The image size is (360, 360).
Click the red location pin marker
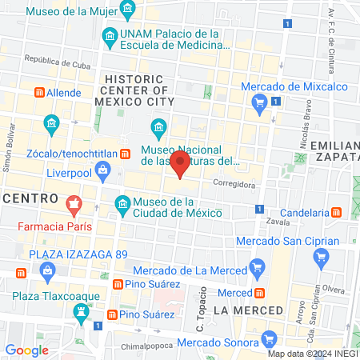point(181,166)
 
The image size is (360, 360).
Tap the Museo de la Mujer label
point(72,12)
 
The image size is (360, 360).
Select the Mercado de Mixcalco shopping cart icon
point(258,102)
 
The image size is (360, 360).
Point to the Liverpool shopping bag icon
point(103,170)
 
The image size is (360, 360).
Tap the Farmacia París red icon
point(74,207)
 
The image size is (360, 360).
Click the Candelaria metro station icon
point(338,213)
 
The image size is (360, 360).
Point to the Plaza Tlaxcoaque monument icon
point(80,311)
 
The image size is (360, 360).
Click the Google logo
point(26,350)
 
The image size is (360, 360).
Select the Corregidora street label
point(233,183)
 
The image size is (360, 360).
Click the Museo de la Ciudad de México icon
point(122,207)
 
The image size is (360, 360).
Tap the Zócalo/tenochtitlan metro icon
point(125,153)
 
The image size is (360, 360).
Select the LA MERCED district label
point(249,310)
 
